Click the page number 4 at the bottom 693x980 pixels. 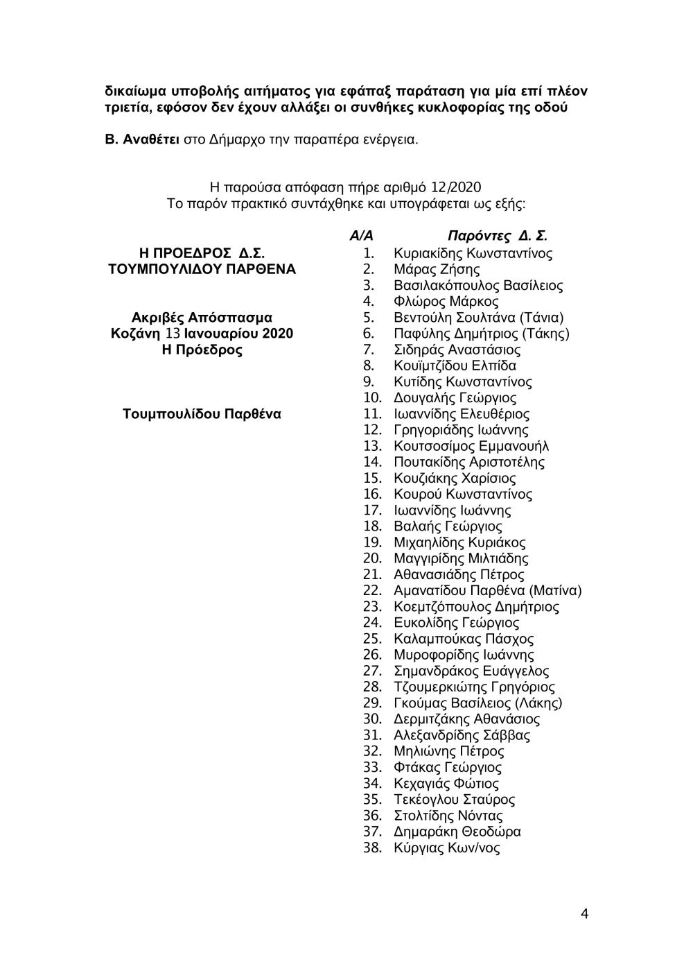585,913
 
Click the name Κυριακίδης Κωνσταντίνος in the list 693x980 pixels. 473,253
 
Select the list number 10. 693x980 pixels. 372,398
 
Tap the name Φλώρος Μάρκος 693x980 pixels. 446,302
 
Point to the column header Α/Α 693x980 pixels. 361,237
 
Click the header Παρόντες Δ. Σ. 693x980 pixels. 498,237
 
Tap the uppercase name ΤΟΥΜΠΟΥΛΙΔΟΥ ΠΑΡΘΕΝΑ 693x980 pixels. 198,269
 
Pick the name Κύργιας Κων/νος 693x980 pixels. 446,848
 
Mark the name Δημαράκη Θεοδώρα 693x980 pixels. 457,832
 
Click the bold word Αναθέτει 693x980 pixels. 151,139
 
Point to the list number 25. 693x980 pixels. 372,639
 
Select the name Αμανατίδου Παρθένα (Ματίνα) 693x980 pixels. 487,591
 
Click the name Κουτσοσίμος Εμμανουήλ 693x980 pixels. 471,446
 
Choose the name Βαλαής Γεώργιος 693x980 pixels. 448,526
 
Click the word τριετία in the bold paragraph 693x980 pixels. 128,108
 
